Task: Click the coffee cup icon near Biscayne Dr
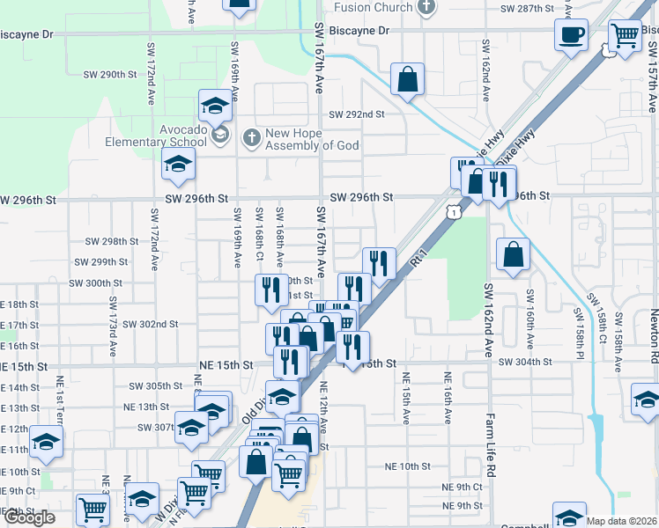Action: click(571, 35)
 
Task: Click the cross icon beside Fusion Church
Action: click(426, 7)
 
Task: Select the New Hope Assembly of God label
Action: click(313, 138)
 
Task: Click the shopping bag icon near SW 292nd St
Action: click(408, 79)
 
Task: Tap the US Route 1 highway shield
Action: click(452, 211)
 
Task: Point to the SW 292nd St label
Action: click(358, 114)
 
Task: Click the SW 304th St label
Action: click(525, 362)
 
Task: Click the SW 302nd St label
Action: click(150, 324)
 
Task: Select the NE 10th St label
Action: click(408, 466)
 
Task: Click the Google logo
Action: click(29, 517)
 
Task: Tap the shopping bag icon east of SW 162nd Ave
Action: click(513, 254)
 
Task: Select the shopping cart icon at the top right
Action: click(625, 36)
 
